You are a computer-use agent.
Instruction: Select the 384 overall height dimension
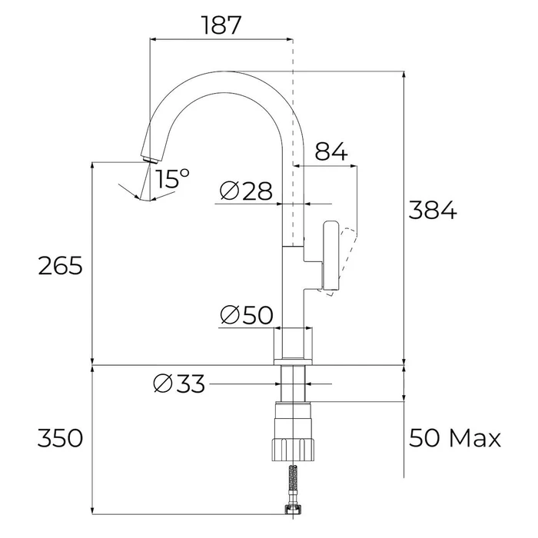pos(431,210)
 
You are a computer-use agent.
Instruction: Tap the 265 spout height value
pos(60,266)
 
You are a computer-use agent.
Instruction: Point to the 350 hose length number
pos(60,439)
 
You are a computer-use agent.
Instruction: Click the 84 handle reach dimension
pos(331,152)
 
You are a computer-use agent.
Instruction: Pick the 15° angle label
pos(172,180)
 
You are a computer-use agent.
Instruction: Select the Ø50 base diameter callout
pos(246,314)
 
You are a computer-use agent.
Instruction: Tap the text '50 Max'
pos(454,439)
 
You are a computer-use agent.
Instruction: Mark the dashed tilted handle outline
pos(348,257)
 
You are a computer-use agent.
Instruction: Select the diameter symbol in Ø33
pos(162,383)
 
